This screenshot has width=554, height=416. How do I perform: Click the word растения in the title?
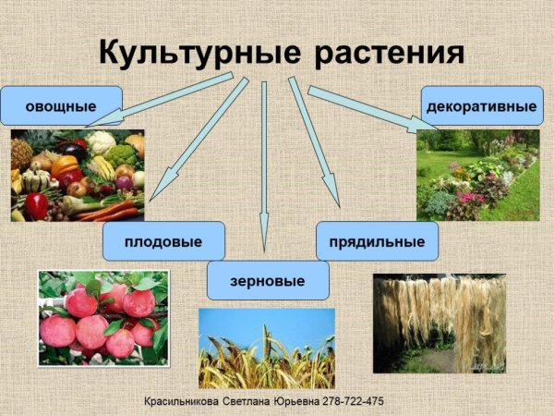(x=389, y=53)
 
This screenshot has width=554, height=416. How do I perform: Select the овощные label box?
(x=62, y=106)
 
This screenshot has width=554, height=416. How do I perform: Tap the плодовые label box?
(x=163, y=241)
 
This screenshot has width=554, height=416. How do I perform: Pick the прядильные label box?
(x=377, y=241)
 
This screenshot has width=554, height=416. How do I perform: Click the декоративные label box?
(x=481, y=106)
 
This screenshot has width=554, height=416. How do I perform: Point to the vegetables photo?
(x=78, y=176)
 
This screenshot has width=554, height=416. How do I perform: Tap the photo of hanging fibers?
(x=439, y=323)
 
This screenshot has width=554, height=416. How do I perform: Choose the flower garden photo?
(x=477, y=175)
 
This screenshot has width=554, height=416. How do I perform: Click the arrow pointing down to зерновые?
(x=264, y=166)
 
